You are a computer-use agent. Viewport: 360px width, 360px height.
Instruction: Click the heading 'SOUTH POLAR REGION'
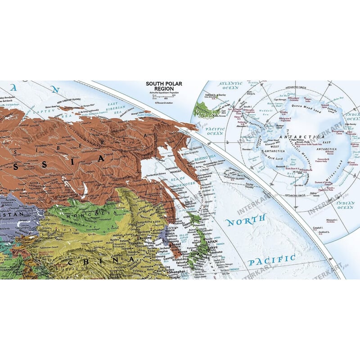point(162,86)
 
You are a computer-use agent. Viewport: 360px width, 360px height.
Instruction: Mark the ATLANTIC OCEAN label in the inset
point(230,85)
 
